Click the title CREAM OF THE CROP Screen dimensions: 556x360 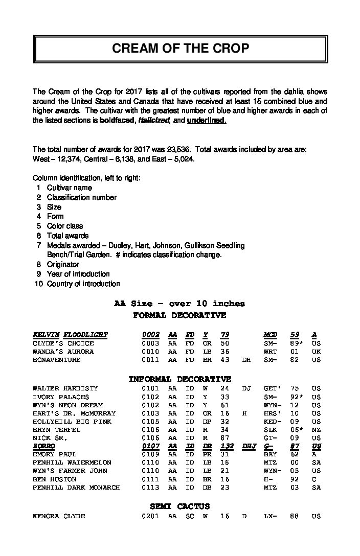pyautogui.click(x=180, y=49)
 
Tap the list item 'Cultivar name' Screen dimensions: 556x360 pyautogui.click(x=70, y=188)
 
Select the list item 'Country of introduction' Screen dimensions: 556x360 pyautogui.click(x=83, y=284)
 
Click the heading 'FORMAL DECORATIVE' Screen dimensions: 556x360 pyautogui.click(x=179, y=315)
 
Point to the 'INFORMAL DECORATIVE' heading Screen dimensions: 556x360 pyautogui.click(x=179, y=379)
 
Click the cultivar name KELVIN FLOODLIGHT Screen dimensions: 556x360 pyautogui.click(x=70, y=335)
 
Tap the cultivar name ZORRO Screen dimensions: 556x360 pyautogui.click(x=43, y=446)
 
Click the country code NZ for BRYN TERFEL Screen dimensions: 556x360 pyautogui.click(x=316, y=430)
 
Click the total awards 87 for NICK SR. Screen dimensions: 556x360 pyautogui.click(x=224, y=438)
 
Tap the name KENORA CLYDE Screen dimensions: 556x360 pyautogui.click(x=59, y=516)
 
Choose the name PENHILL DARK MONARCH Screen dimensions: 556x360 pyautogui.click(x=76, y=488)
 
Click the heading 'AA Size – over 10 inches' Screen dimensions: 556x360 pyautogui.click(x=179, y=304)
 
